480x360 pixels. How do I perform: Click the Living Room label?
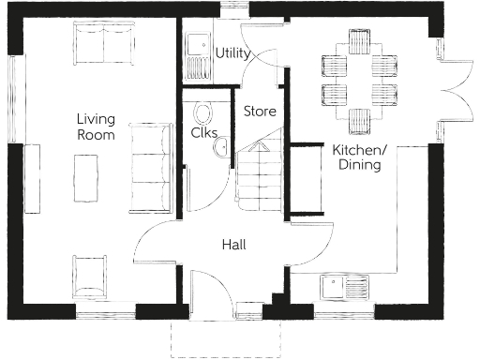coord(96,127)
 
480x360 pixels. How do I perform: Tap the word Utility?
coord(232,53)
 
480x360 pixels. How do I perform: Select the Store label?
coord(260,112)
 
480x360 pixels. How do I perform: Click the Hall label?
coord(233,245)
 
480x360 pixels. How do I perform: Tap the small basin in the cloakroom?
coord(223,149)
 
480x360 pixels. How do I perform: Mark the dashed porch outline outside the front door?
coord(226,339)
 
